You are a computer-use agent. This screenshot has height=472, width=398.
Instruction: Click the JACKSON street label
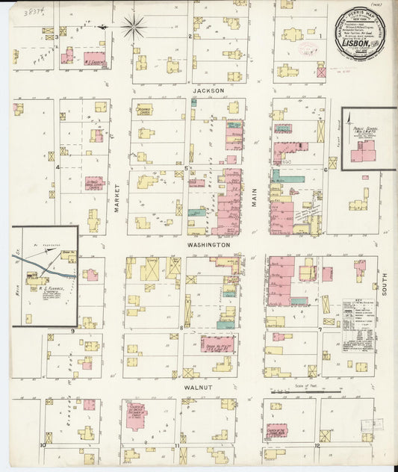[208, 90]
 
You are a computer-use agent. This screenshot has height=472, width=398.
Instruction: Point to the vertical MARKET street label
[118, 199]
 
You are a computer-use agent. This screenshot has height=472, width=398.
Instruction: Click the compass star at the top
[134, 28]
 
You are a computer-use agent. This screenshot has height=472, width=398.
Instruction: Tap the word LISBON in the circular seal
[355, 43]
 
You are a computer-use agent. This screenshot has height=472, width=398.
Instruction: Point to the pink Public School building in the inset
[364, 152]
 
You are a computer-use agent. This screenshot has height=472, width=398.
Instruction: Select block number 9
[72, 329]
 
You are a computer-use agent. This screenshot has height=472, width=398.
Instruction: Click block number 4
[57, 167]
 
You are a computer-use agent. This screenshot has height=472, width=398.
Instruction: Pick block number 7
[320, 329]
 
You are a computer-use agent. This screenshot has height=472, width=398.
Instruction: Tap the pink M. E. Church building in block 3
[95, 59]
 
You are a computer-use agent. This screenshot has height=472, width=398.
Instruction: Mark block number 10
[44, 445]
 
